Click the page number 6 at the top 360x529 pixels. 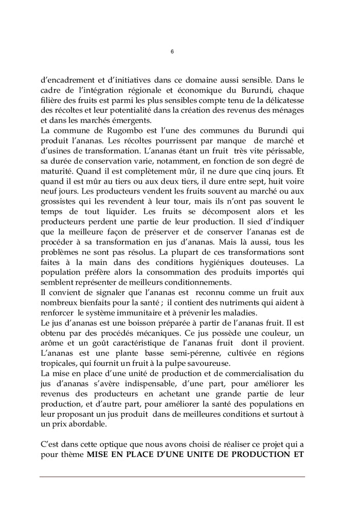172,51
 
